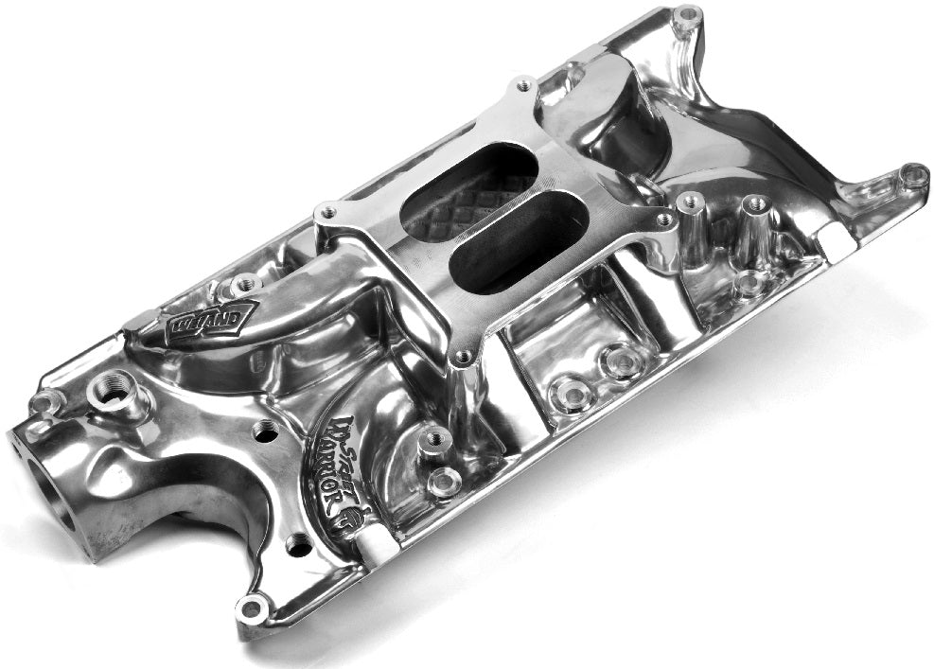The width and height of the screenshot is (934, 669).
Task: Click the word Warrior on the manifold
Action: pos(343,473)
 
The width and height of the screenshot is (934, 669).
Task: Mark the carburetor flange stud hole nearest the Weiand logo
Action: pos(326,212)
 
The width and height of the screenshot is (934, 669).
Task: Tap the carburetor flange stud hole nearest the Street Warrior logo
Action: pos(463,358)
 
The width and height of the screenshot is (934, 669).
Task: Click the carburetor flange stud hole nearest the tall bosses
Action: pos(664,220)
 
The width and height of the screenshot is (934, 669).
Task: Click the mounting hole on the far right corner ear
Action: pos(914,173)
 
